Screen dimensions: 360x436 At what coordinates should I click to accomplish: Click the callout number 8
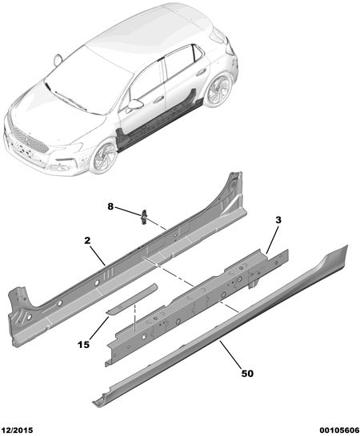point(110,206)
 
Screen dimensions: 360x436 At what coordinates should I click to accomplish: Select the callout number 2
point(87,241)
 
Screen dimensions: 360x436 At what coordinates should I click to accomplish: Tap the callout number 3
point(278,220)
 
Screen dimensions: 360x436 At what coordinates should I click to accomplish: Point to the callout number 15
point(84,345)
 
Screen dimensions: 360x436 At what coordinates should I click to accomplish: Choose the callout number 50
point(247,374)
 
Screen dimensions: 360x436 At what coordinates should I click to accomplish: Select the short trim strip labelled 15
point(132,299)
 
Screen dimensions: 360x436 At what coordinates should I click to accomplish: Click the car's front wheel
point(105,157)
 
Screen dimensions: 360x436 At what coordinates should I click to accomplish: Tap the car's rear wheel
point(220,88)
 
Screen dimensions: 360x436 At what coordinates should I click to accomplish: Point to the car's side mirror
point(134,104)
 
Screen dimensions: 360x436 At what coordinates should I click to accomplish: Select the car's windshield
point(89,81)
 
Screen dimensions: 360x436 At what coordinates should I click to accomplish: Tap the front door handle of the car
point(159,98)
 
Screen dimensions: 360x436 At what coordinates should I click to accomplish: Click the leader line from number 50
point(230,354)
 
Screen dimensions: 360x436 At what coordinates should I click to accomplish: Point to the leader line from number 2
point(98,255)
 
